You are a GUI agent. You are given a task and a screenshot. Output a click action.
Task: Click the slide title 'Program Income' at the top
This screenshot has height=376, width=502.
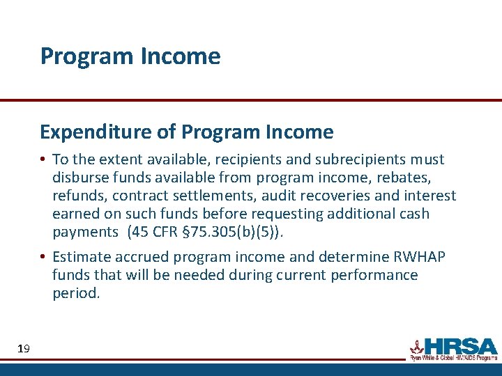130,56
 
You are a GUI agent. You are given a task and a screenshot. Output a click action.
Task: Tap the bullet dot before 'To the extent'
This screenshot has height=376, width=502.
43,160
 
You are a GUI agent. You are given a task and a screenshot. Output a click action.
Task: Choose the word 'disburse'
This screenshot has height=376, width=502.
80,178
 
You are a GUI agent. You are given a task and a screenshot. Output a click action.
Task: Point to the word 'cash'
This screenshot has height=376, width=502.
413,214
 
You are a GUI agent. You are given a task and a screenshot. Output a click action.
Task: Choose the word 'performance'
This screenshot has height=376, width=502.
374,275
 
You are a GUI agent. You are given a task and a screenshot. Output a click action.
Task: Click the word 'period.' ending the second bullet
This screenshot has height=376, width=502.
76,293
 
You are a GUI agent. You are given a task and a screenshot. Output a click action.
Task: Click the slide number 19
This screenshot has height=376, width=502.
23,348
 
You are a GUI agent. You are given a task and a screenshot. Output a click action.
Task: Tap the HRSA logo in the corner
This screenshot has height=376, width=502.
453,348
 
